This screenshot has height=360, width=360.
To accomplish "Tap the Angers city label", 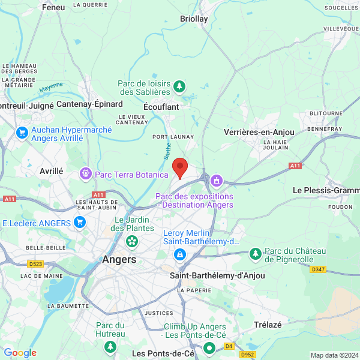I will click(x=119, y=260).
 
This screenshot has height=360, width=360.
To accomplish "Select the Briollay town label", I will click(x=194, y=19).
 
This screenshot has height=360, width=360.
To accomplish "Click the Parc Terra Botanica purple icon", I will click(x=86, y=174).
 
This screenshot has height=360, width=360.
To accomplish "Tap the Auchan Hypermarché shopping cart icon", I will click(x=22, y=133).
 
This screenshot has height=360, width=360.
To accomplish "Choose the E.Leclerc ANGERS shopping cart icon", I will click(x=80, y=223).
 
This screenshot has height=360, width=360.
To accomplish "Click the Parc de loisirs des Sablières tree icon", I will click(x=179, y=88).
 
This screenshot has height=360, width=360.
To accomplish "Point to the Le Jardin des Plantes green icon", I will click(x=131, y=242).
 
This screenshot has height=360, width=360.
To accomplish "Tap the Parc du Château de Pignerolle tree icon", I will click(x=256, y=254).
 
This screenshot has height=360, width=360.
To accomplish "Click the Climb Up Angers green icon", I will click(x=209, y=347).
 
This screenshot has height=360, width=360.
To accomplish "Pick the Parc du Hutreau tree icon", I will click(x=110, y=346).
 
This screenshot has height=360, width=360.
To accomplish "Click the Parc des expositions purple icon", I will click(x=216, y=180).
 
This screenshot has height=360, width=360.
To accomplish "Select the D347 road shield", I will click(x=319, y=270).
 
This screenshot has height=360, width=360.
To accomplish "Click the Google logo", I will click(x=20, y=353).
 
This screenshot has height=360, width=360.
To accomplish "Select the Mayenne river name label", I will click(x=51, y=87).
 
